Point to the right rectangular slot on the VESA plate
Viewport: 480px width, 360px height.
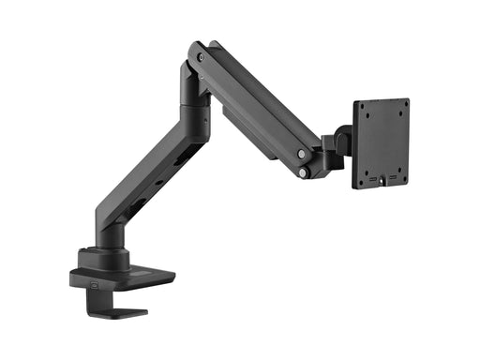click(392, 177)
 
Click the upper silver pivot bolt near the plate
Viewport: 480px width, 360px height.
click(301, 154)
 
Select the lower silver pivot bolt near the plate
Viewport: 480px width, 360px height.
click(303, 172)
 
